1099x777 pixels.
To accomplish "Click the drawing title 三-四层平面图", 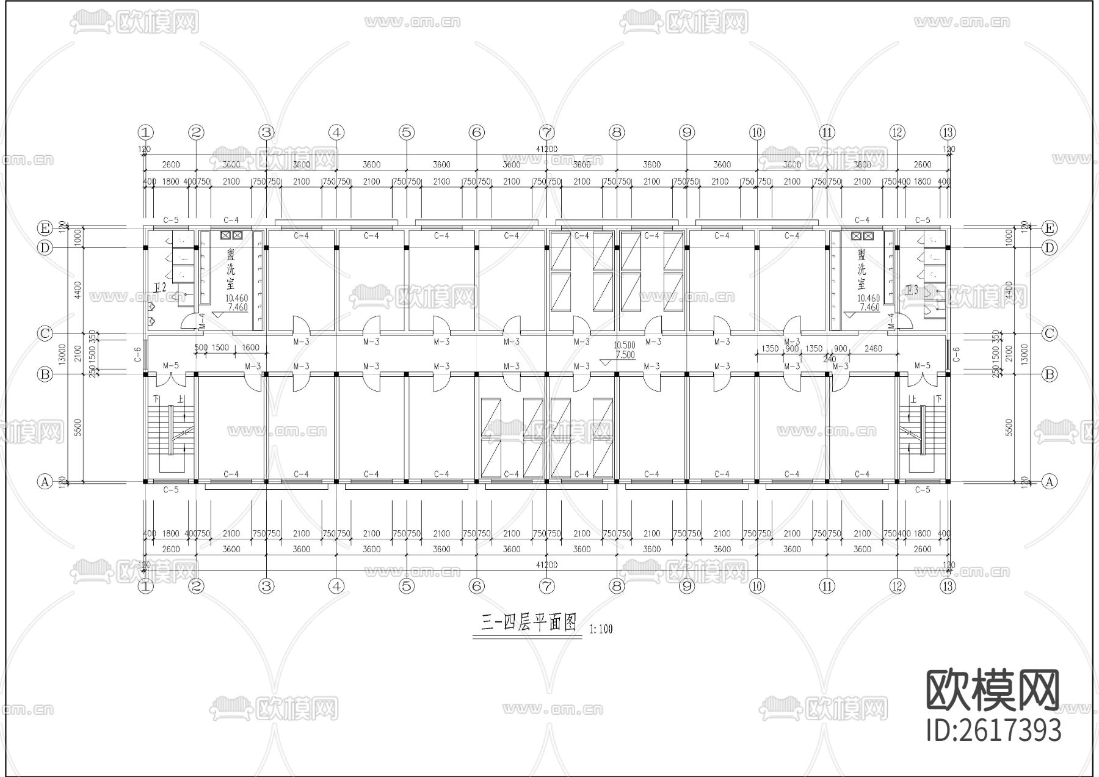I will point(529,623).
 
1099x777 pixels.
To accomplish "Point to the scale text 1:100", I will point(601,629).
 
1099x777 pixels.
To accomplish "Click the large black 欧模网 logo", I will point(993,691).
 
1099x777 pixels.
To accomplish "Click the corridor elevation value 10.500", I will point(624,345).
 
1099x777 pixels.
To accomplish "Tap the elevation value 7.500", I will point(625,355).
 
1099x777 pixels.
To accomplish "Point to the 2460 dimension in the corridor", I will point(874,349).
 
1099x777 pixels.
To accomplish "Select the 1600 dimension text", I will point(250,348).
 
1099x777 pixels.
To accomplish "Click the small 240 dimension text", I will point(829,359).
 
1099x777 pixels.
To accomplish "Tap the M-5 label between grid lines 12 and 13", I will point(923,366).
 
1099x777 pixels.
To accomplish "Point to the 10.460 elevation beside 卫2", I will point(236,299).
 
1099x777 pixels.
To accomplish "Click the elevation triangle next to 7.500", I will point(604,362).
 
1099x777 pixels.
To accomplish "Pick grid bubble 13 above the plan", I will point(948,132).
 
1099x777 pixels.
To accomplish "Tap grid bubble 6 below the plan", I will point(477,586).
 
